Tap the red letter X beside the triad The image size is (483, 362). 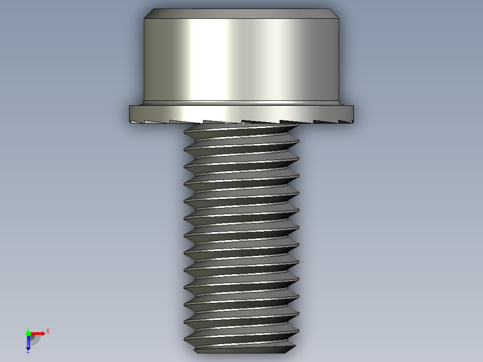pos(48,332)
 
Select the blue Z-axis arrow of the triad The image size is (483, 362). pos(28,343)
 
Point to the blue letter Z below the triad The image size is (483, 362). pos(28,351)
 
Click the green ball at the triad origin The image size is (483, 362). pos(28,333)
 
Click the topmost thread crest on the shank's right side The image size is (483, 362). pos(298,127)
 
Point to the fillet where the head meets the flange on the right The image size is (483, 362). pos(338,103)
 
